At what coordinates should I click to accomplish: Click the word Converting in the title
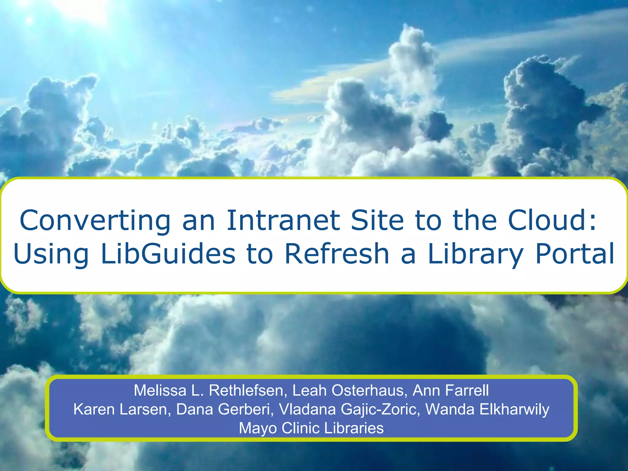tap(95, 221)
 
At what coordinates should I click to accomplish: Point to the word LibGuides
tap(168, 254)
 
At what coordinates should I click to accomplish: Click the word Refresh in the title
tap(337, 254)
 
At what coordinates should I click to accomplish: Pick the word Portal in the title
tap(575, 254)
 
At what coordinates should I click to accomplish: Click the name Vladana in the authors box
tap(307, 409)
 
